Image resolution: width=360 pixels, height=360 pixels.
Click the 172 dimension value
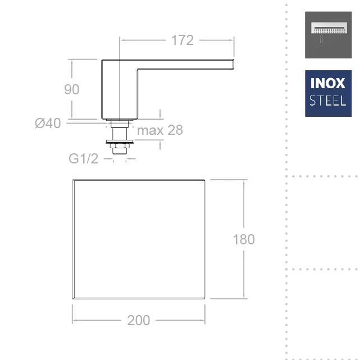pos(183,40)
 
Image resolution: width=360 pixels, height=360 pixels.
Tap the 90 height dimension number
pos(72,89)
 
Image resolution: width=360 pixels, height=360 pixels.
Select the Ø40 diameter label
pos(48,123)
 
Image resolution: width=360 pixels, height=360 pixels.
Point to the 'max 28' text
pos(160,130)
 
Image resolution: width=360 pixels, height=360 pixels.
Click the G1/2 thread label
pos(83,158)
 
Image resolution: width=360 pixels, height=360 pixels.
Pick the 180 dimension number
pos(244,239)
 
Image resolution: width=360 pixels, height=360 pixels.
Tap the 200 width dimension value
pos(139,320)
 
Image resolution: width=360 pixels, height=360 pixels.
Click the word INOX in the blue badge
pos(328,83)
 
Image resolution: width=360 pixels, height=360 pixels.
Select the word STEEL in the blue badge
pos(328,101)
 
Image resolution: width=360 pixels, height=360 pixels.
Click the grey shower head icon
pos(329,35)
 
